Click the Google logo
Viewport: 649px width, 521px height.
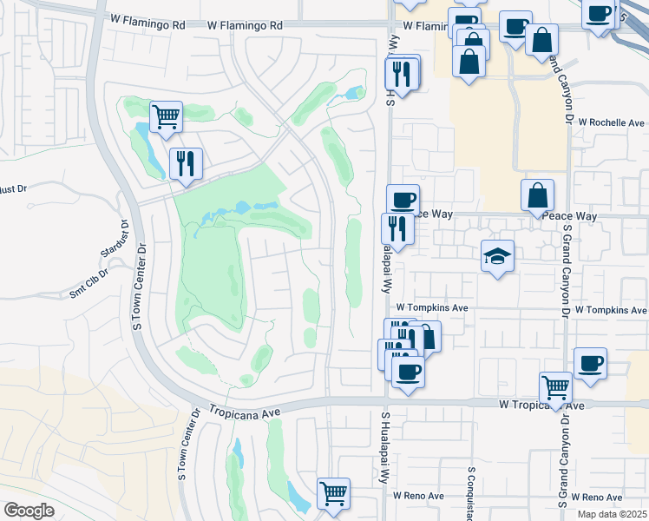tap(28, 511)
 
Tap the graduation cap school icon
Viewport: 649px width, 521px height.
tap(497, 256)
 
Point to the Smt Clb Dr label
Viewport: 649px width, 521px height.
tap(89, 284)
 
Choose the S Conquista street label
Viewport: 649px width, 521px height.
tap(472, 487)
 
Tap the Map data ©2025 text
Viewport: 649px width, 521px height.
tap(613, 514)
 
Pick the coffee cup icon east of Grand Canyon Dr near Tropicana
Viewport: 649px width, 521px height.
tap(591, 362)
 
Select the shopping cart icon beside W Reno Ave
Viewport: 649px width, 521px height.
tap(333, 493)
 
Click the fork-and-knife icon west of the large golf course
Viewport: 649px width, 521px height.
tap(186, 162)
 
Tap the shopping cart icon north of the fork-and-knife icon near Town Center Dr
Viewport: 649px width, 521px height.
tap(165, 115)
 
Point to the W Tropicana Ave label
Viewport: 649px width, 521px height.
tap(530, 404)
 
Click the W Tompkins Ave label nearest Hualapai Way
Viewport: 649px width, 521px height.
tap(432, 307)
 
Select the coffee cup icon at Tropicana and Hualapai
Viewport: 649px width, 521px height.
tap(408, 372)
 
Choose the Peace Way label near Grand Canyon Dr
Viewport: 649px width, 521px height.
tap(569, 214)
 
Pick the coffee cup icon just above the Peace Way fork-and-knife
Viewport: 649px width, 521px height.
tap(403, 199)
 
